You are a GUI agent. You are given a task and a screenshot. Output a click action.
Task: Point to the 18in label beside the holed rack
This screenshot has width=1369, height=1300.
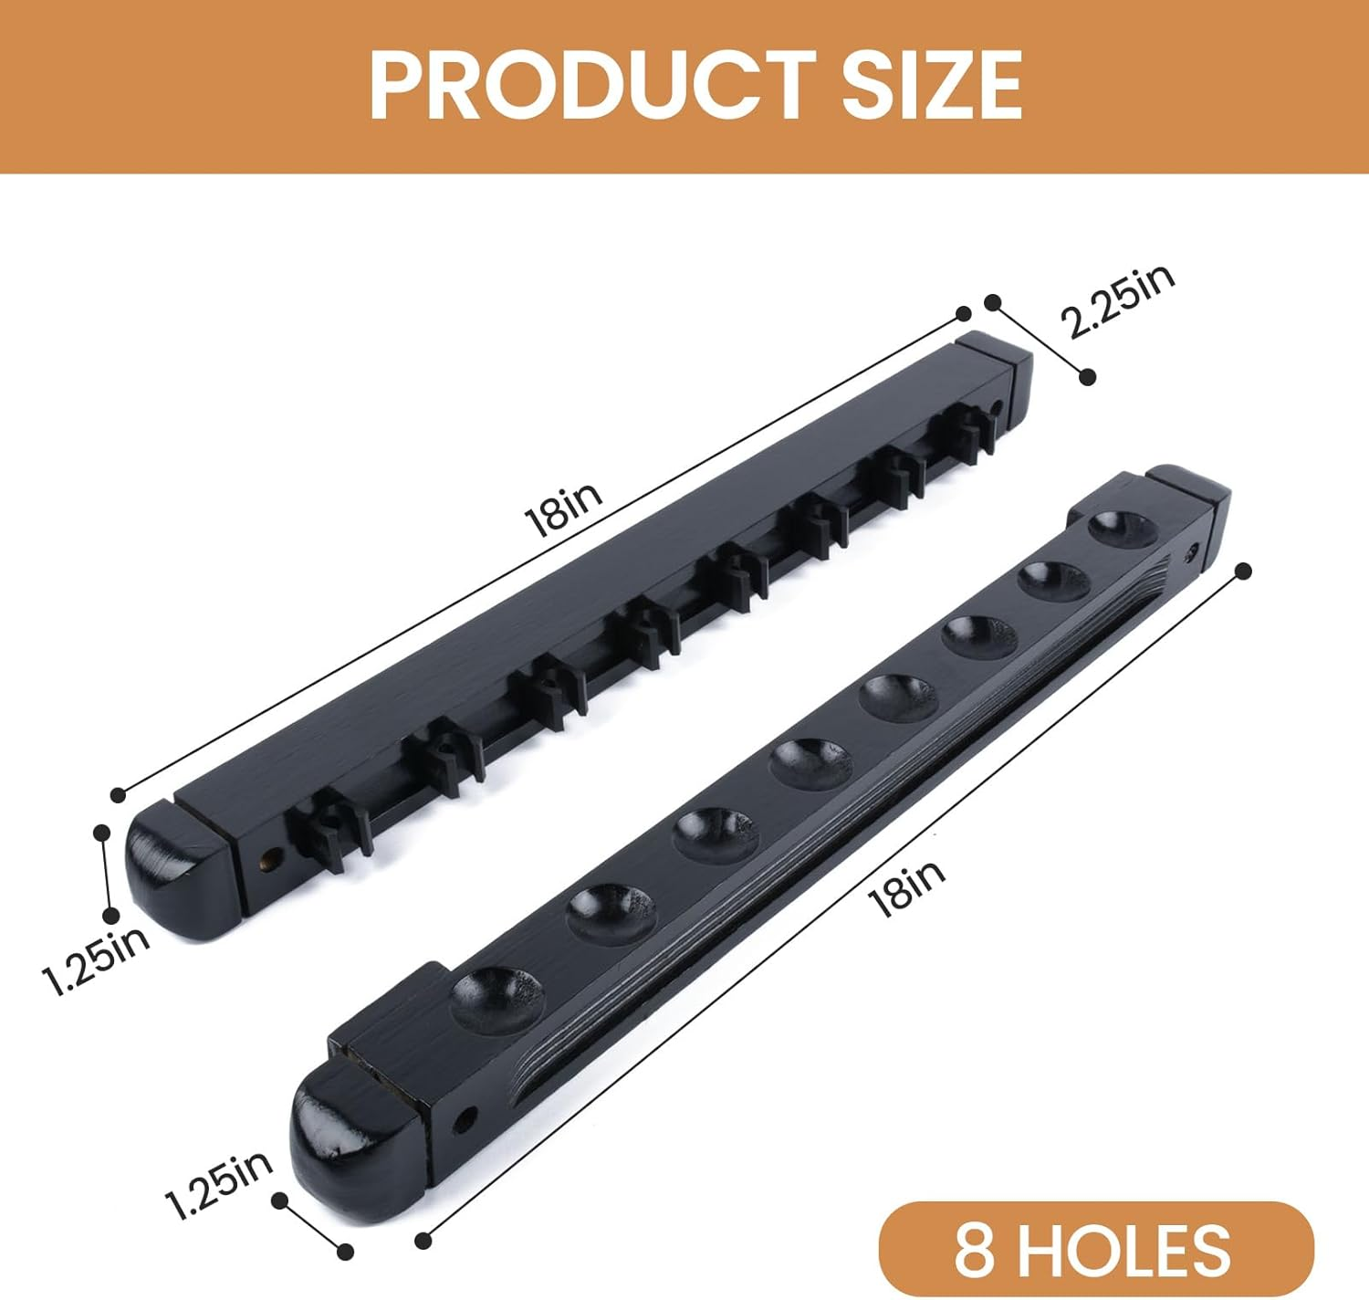pyautogui.click(x=906, y=886)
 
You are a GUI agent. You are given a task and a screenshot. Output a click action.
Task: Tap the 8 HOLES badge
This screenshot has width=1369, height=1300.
pyautogui.click(x=1094, y=1250)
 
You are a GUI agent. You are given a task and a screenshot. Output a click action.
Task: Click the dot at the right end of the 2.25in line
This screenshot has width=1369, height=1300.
pyautogui.click(x=1087, y=376)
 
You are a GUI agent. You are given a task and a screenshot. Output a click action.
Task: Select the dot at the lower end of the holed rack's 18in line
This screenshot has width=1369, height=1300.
pyautogui.click(x=423, y=1241)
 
